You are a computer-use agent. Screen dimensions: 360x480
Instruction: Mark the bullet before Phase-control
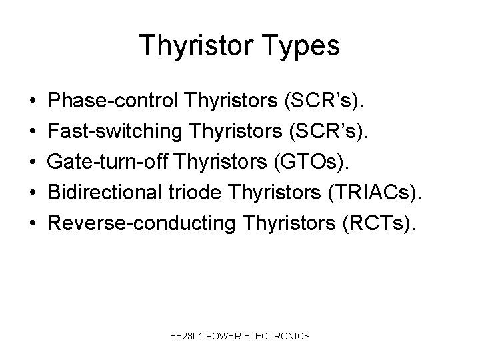click(33, 101)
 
